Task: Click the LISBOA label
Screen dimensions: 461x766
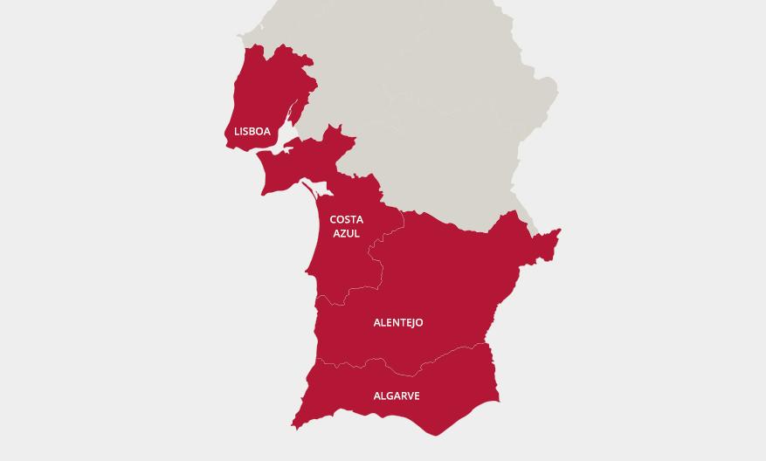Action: coord(252,132)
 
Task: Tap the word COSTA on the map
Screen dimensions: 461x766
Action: coord(347,220)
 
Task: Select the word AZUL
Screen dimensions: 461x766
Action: coord(347,233)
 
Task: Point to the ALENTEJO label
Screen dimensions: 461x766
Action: coord(398,323)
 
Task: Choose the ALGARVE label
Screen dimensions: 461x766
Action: coord(397,396)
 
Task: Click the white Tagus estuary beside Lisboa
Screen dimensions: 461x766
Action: coord(281,148)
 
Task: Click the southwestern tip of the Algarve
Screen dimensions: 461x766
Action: coord(294,426)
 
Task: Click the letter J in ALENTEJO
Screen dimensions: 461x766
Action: coord(411,323)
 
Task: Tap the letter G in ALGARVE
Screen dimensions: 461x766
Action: coord(390,396)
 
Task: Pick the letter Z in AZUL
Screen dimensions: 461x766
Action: coord(343,233)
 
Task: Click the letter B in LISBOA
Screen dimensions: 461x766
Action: coord(254,132)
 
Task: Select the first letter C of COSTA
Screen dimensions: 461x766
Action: coord(334,220)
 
